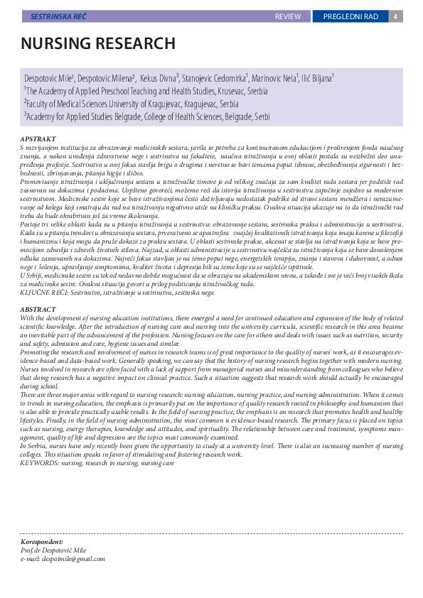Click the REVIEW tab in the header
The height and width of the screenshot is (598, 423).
tap(288, 16)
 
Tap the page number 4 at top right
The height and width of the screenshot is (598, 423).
tap(394, 16)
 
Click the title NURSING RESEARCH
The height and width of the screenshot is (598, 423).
tap(98, 43)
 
